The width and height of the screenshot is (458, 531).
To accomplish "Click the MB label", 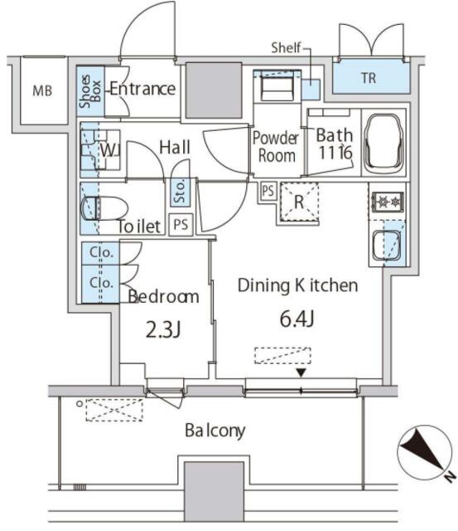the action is click(x=42, y=90).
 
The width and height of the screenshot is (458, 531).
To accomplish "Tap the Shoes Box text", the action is click(x=90, y=91).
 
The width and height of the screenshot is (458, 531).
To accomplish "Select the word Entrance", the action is click(x=142, y=89).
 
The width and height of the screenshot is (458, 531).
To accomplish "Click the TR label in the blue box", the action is click(x=369, y=78).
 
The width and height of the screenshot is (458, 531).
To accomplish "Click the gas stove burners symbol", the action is click(x=388, y=202).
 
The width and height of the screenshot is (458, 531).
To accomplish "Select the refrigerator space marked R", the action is click(x=299, y=202).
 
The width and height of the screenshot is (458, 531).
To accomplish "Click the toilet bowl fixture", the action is click(x=104, y=208).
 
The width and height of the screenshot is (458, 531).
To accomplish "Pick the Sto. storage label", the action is click(x=179, y=192).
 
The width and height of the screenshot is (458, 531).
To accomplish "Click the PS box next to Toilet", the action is click(x=181, y=224).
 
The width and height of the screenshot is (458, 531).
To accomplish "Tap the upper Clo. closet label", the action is click(x=101, y=252).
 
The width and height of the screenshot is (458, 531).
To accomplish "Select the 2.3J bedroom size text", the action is click(x=164, y=329).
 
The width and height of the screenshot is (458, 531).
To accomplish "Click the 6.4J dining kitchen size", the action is click(x=297, y=319).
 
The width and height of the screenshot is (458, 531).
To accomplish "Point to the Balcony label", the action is click(x=215, y=431).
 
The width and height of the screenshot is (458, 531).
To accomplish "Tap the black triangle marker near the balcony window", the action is click(x=301, y=373).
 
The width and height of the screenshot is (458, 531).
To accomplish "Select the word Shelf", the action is click(x=286, y=48).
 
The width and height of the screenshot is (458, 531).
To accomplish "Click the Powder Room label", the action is click(x=276, y=147).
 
